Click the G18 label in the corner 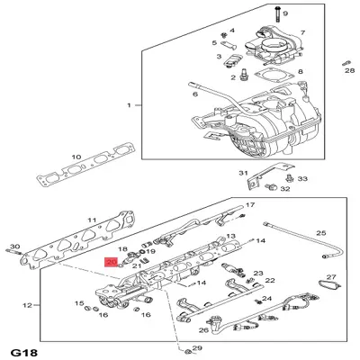(22, 348)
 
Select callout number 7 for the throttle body (303, 32)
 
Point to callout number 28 (350, 69)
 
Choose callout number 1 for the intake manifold (129, 105)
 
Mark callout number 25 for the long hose (319, 232)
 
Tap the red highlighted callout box (110, 262)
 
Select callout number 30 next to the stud (13, 246)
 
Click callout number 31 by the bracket (242, 172)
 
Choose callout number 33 (302, 179)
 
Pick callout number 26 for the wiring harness (203, 330)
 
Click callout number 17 (239, 205)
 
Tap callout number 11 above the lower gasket (91, 220)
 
